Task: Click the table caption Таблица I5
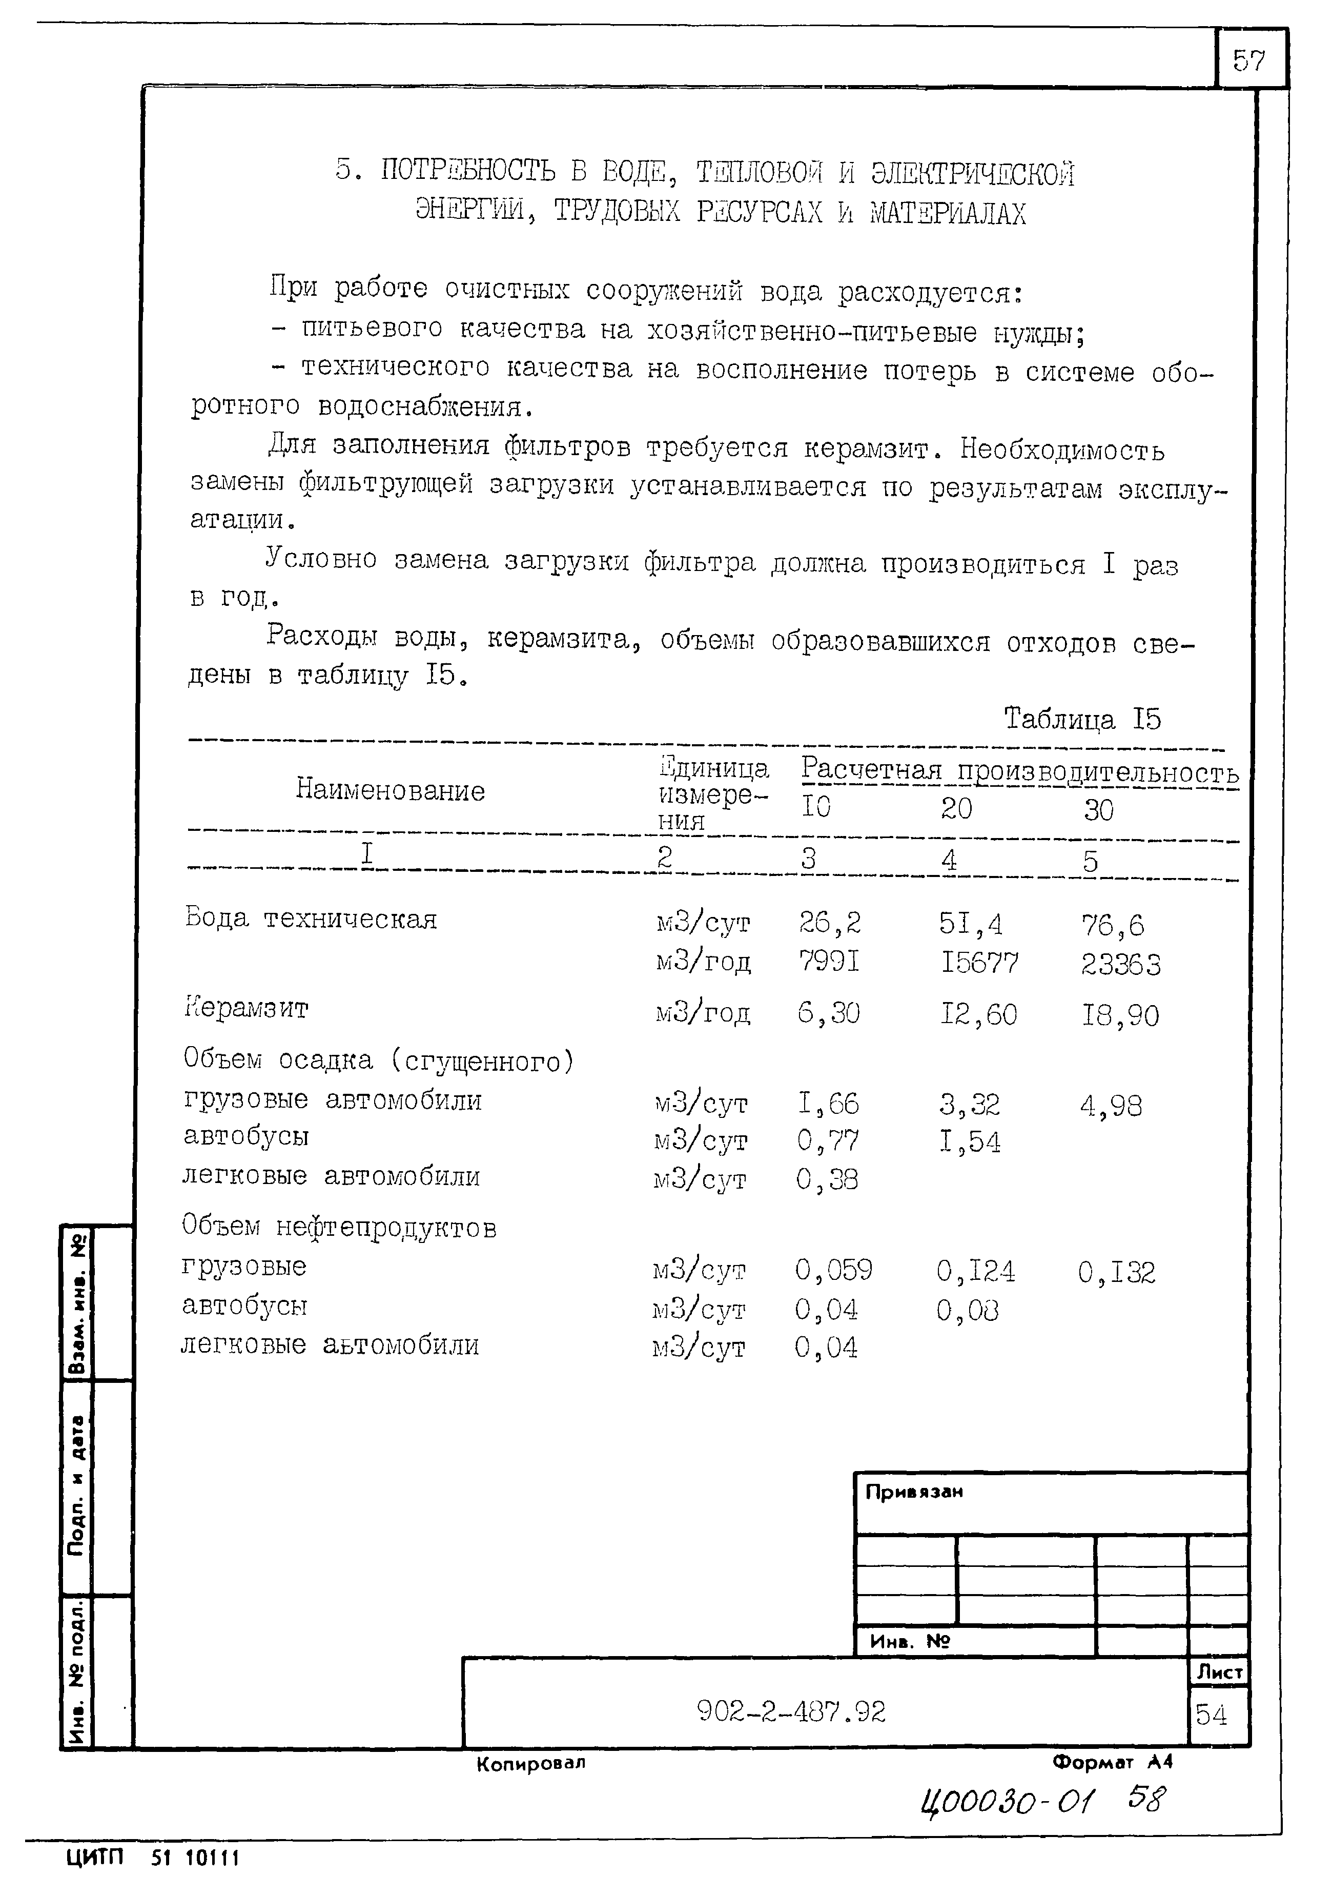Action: pyautogui.click(x=1082, y=720)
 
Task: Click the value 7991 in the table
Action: pyautogui.click(x=829, y=960)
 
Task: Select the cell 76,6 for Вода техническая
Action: pyautogui.click(x=1112, y=925)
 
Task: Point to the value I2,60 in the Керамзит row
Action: pyautogui.click(x=978, y=1015)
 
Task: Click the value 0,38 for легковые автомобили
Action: pyautogui.click(x=827, y=1180)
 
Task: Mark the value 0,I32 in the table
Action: pyautogui.click(x=1116, y=1272)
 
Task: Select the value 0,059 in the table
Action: pyautogui.click(x=833, y=1270)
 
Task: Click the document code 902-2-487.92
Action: pyautogui.click(x=791, y=1712)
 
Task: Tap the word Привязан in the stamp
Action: pyautogui.click(x=914, y=1492)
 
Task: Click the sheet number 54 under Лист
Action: pyautogui.click(x=1212, y=1715)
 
